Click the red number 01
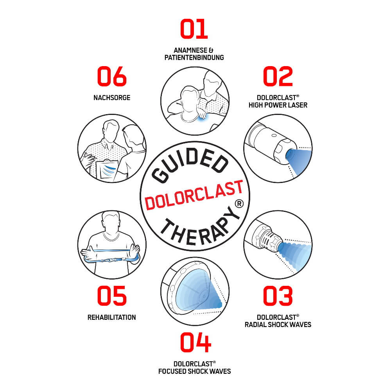(194, 29)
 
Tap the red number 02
(278, 76)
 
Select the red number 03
(278, 296)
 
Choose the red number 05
(112, 296)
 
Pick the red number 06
(112, 76)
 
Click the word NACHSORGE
(112, 97)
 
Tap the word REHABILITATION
(112, 317)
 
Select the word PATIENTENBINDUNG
(194, 58)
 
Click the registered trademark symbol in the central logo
(239, 203)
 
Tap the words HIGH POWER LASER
(278, 105)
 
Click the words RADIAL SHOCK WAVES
(278, 325)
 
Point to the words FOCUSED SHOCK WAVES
(195, 371)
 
